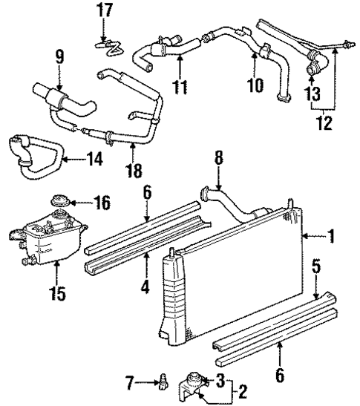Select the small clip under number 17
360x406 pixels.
pyautogui.click(x=108, y=45)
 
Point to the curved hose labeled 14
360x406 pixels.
pyautogui.click(x=30, y=148)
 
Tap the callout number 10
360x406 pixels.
pyautogui.click(x=255, y=86)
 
